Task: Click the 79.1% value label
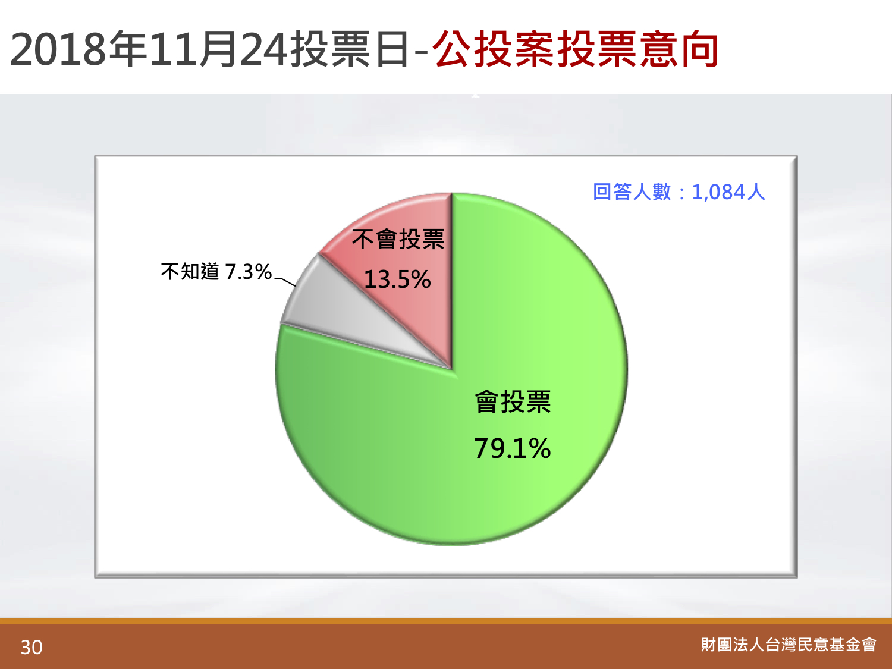pyautogui.click(x=512, y=448)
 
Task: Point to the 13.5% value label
pyautogui.click(x=397, y=279)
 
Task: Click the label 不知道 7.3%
pyautogui.click(x=216, y=271)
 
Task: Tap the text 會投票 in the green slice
pyautogui.click(x=513, y=402)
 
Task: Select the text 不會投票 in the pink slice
pyautogui.click(x=398, y=239)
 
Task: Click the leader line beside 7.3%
pyautogui.click(x=285, y=282)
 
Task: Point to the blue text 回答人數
pyautogui.click(x=632, y=191)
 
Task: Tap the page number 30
pyautogui.click(x=32, y=647)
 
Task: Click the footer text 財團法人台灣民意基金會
pyautogui.click(x=789, y=645)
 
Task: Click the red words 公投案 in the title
pyautogui.click(x=494, y=49)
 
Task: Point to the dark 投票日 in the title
pyautogui.click(x=350, y=49)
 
